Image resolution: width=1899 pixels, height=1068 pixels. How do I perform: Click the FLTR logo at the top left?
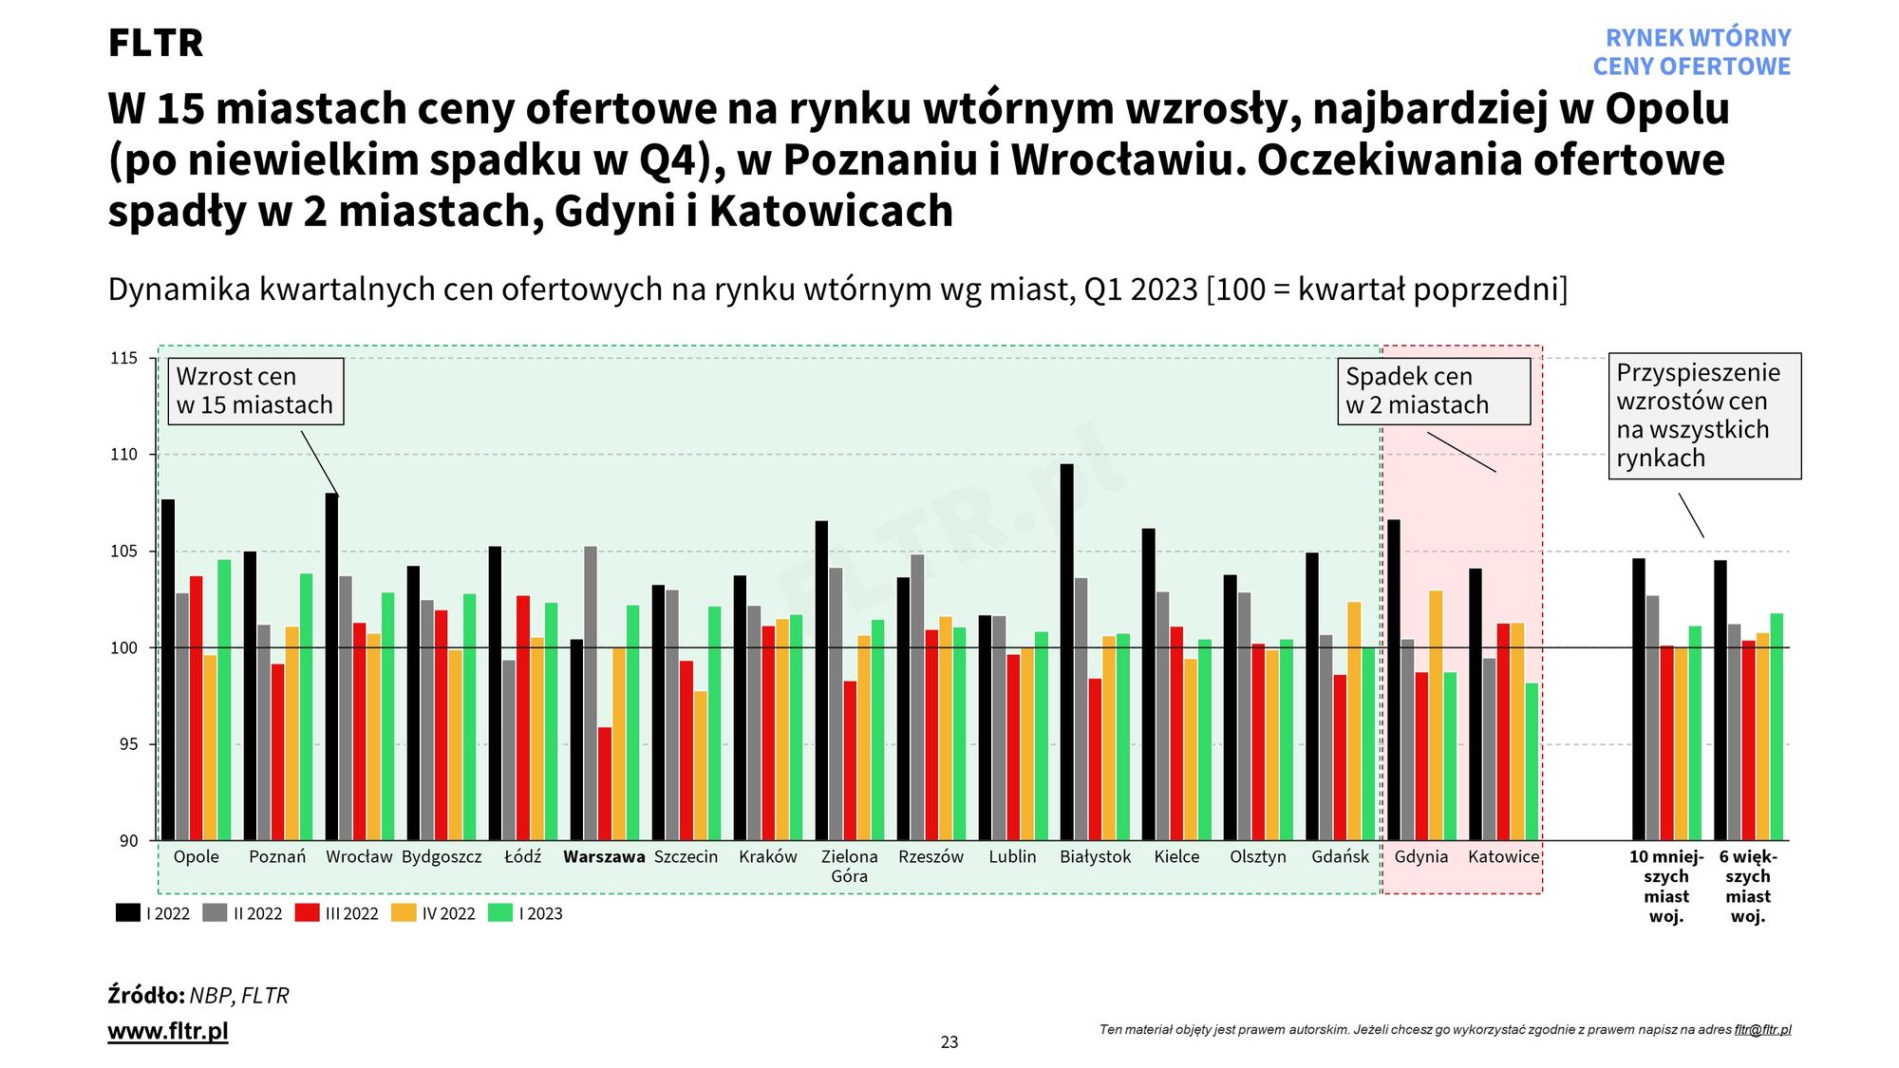(x=156, y=43)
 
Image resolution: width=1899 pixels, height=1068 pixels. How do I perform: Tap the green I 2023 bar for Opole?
(x=224, y=700)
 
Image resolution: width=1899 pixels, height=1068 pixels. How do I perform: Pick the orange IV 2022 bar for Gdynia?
(x=1436, y=715)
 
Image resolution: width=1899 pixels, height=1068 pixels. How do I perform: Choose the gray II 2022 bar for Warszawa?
(x=591, y=693)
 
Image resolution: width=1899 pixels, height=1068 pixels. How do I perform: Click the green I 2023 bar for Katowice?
(x=1532, y=761)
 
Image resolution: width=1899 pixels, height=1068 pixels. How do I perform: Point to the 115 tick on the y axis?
(x=124, y=359)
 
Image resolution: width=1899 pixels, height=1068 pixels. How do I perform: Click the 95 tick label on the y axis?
(x=128, y=744)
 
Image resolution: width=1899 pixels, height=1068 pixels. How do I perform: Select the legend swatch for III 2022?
(x=307, y=913)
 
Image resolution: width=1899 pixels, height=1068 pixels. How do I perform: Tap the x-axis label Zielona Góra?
(x=849, y=866)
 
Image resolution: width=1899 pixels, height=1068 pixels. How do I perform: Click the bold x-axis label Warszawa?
(x=604, y=856)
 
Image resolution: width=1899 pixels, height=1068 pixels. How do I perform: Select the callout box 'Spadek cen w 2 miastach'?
(x=1434, y=391)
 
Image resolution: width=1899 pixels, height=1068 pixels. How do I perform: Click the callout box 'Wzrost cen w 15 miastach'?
(x=255, y=391)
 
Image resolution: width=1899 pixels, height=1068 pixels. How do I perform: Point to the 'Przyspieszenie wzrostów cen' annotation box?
(x=1704, y=416)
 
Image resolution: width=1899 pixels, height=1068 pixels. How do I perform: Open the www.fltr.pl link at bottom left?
(x=168, y=1031)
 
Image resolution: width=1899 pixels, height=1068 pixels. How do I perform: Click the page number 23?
(x=949, y=1042)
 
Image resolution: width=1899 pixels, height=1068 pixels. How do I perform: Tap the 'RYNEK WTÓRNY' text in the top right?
(x=1698, y=38)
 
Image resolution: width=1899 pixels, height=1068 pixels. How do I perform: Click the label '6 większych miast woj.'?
(x=1748, y=886)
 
